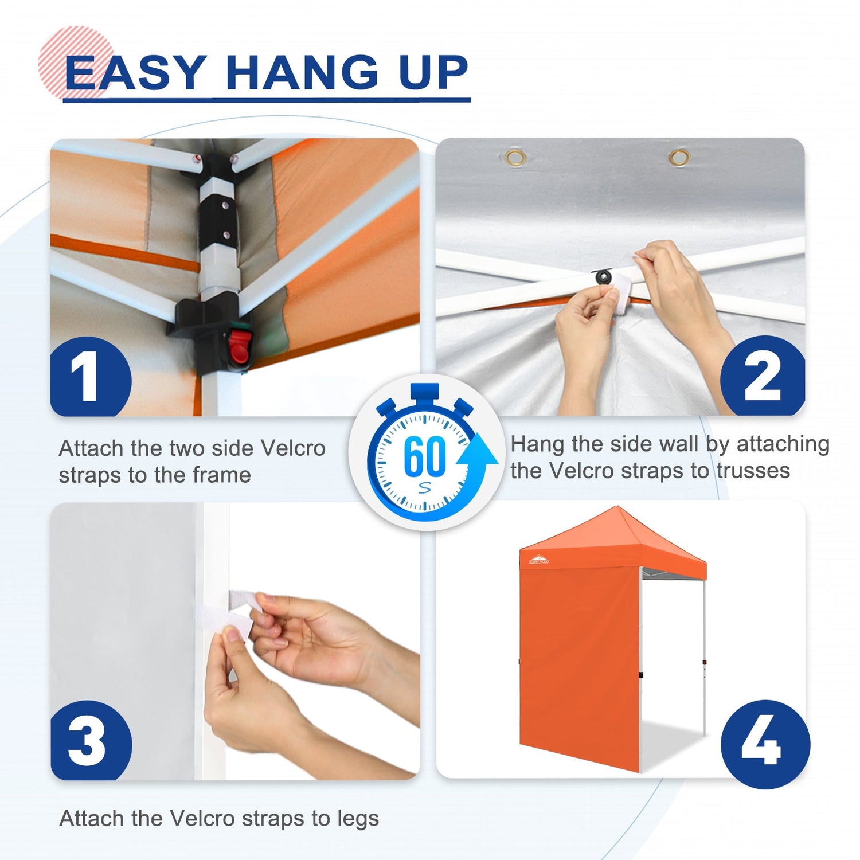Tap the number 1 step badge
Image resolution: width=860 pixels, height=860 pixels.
91,377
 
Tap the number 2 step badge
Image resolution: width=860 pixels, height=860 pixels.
763,376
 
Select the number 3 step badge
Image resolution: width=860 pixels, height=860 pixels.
91,740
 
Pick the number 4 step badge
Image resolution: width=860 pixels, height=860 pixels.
765,744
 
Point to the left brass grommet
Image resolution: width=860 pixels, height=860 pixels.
515,157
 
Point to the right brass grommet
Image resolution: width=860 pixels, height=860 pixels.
679,157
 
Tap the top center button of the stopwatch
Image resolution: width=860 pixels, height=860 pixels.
425,392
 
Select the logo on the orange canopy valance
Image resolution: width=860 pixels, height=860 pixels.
538,560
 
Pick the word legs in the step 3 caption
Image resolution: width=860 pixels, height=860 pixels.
358,820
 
